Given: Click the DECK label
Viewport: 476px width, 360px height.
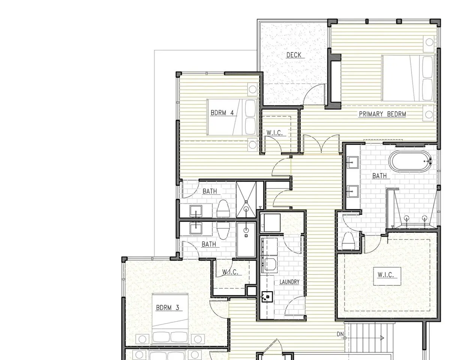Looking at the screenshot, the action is pos(293,55).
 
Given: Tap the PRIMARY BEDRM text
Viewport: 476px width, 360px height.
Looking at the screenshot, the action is pos(383,114).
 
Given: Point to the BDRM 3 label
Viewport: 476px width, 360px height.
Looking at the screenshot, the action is pos(168,307).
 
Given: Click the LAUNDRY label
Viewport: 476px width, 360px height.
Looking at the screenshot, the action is pos(289,282).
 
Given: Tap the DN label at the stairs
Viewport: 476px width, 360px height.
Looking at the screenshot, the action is pos(340,334).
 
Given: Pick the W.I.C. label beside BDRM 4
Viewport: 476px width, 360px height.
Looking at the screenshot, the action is pos(274,133).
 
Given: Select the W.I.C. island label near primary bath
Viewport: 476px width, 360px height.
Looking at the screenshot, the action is pos(386,275).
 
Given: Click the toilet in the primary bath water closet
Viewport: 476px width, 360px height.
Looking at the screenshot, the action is pos(348,241).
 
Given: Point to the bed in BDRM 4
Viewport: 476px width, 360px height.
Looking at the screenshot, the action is pos(232,117).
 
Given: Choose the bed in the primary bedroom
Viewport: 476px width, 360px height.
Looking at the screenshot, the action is pos(409,78).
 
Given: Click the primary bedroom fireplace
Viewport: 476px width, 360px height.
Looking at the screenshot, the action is pos(334,81).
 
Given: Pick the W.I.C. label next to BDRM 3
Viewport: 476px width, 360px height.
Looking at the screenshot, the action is pos(230,272).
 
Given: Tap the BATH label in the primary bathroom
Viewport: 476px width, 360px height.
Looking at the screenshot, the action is pos(379,175).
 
